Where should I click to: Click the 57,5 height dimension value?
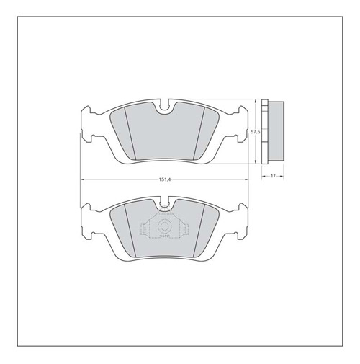point(254,133)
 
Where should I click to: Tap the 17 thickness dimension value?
point(274,176)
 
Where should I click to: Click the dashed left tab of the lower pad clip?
point(144,230)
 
